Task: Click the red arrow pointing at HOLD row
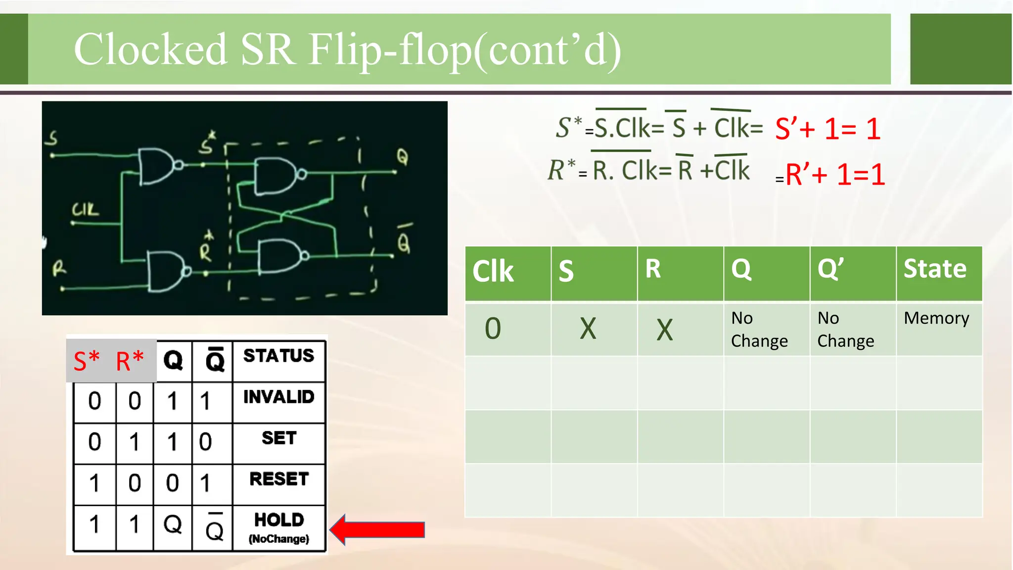click(x=378, y=529)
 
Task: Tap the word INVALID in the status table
click(x=278, y=397)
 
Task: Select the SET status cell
click(x=279, y=438)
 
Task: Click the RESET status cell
click(x=279, y=479)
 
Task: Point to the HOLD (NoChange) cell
click(x=279, y=527)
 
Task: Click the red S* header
click(x=87, y=361)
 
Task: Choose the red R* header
click(x=130, y=361)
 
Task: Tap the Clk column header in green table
click(x=493, y=271)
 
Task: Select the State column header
click(x=935, y=269)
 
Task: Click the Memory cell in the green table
click(x=936, y=318)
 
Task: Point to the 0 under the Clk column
click(x=493, y=329)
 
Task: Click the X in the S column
click(x=588, y=329)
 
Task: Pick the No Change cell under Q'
click(x=845, y=329)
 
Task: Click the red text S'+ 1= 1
click(x=828, y=129)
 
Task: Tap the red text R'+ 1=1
click(x=835, y=175)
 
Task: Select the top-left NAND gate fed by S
click(x=157, y=166)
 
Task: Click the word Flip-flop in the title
click(x=390, y=49)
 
